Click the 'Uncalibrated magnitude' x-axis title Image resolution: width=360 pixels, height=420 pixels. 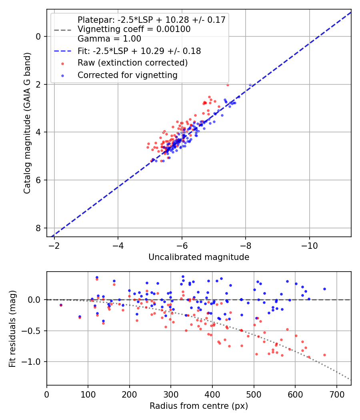pyautogui.click(x=199, y=257)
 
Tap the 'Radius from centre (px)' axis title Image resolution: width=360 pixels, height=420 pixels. pyautogui.click(x=199, y=406)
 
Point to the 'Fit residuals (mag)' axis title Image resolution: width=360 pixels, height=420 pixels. pyautogui.click(x=12, y=328)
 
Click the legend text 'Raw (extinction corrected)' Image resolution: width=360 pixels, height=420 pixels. pyautogui.click(x=132, y=63)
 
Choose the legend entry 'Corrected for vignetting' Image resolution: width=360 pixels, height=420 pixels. pyautogui.click(x=127, y=75)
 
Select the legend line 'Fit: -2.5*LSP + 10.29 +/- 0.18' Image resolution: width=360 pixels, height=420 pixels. pyautogui.click(x=139, y=51)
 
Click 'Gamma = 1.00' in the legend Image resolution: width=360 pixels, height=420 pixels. pyautogui.click(x=109, y=39)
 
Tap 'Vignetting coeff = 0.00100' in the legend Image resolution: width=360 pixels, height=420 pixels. pyautogui.click(x=134, y=29)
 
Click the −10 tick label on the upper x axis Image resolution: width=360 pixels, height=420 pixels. pyautogui.click(x=309, y=245)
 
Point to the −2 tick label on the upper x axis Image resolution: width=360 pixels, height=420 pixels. pyautogui.click(x=54, y=245)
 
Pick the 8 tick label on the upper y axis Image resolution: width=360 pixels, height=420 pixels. pyautogui.click(x=38, y=228)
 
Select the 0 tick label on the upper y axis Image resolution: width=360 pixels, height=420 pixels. pyautogui.click(x=38, y=36)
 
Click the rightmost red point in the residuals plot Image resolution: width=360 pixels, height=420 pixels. pyautogui.click(x=324, y=355)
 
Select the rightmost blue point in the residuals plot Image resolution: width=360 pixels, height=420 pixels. pyautogui.click(x=324, y=289)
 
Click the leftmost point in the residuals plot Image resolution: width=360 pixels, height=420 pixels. pyautogui.click(x=61, y=305)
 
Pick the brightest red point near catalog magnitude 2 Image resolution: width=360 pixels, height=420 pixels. pyautogui.click(x=228, y=85)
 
